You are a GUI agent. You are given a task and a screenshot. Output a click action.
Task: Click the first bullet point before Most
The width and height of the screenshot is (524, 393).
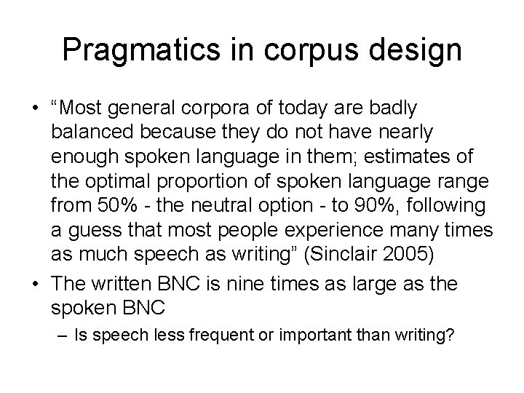35,108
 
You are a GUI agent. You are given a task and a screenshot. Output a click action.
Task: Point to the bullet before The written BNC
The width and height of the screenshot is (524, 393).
35,283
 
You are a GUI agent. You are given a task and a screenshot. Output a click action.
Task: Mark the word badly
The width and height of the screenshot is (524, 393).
392,108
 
